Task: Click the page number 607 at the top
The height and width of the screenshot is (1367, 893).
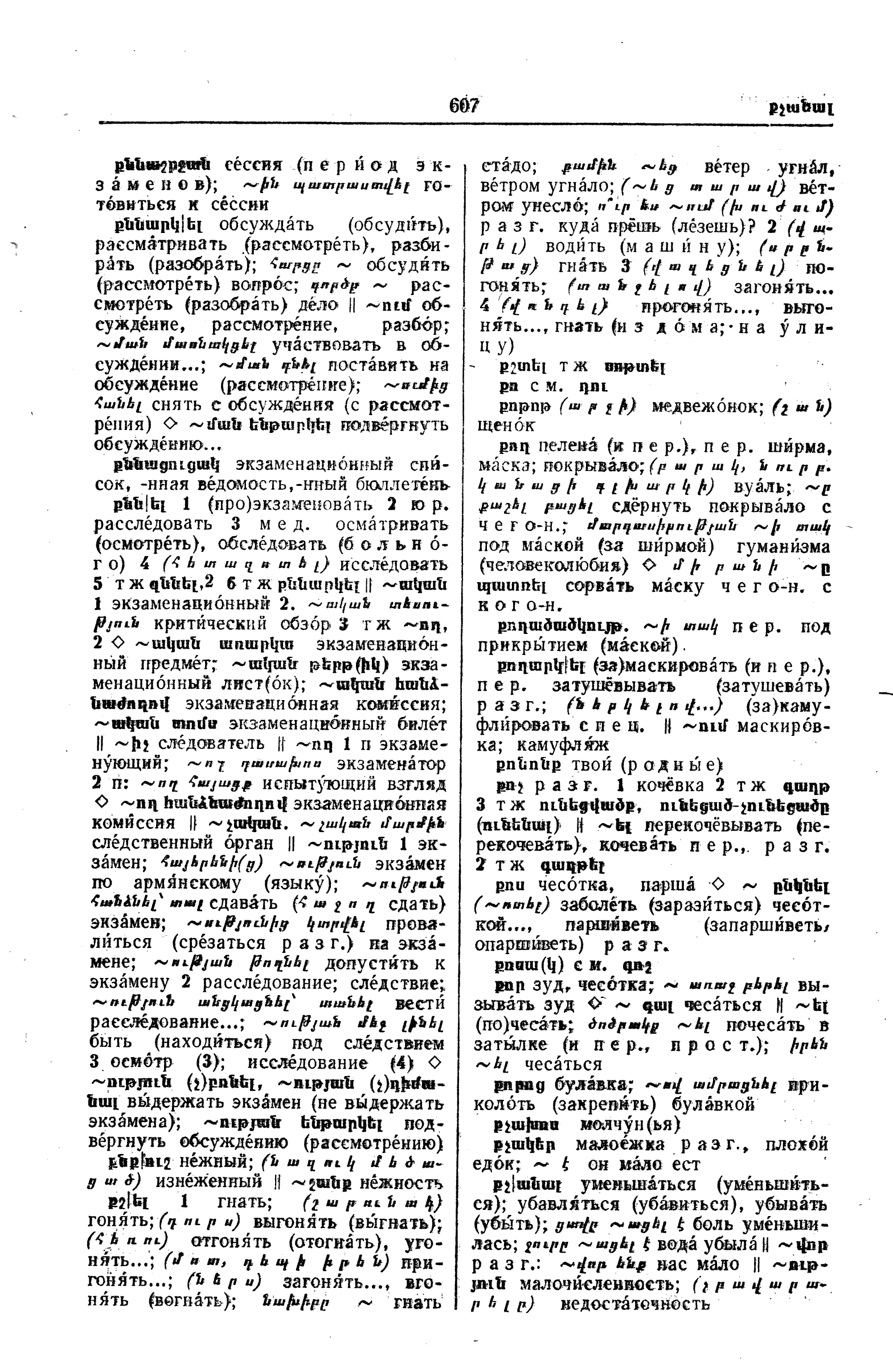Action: tap(464, 106)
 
